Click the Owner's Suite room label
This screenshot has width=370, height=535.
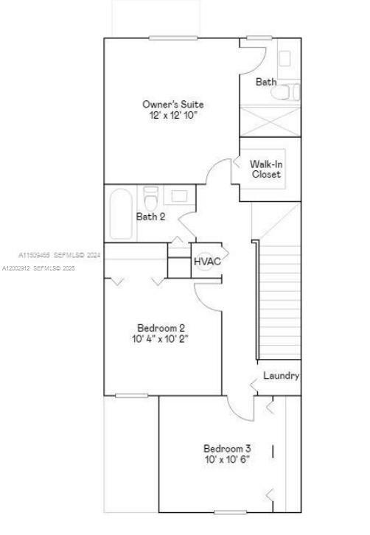pyautogui.click(x=172, y=105)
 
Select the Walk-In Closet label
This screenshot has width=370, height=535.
pyautogui.click(x=265, y=169)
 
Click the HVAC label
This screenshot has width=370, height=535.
pyautogui.click(x=207, y=262)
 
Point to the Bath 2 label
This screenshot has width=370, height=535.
pyautogui.click(x=150, y=217)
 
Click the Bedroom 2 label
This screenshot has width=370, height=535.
pyautogui.click(x=161, y=328)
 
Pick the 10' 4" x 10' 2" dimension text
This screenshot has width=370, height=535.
pyautogui.click(x=161, y=339)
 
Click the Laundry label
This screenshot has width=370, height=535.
pyautogui.click(x=281, y=376)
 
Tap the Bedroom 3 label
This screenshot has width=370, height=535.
pyautogui.click(x=227, y=448)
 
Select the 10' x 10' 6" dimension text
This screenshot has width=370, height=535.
pyautogui.click(x=227, y=459)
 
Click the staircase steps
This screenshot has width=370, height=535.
pyautogui.click(x=280, y=295)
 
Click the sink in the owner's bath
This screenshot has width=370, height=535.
pyautogui.click(x=285, y=57)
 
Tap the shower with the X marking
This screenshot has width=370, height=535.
pyautogui.click(x=270, y=121)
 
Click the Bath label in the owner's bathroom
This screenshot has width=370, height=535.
pyautogui.click(x=266, y=82)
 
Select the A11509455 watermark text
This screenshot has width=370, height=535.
pyautogui.click(x=59, y=255)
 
